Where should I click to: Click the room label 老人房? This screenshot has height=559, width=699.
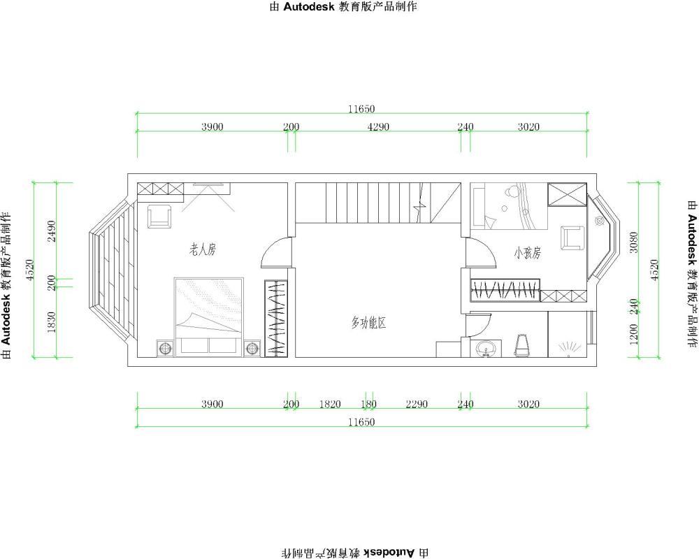click(x=203, y=249)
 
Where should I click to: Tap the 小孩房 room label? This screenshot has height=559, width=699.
click(x=527, y=253)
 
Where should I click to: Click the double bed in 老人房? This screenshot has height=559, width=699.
click(x=208, y=317)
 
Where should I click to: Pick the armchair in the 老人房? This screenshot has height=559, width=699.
click(x=159, y=216)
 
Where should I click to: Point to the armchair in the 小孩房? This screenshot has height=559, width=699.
click(x=572, y=238)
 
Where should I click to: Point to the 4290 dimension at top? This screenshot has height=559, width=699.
click(x=378, y=127)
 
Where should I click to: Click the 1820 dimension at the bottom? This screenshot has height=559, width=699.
click(x=330, y=405)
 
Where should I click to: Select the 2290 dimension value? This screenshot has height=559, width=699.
click(x=417, y=405)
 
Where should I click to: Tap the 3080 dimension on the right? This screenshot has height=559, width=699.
click(x=633, y=242)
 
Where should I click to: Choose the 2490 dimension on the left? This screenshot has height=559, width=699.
click(x=52, y=231)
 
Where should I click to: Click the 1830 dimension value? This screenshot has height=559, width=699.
click(x=52, y=322)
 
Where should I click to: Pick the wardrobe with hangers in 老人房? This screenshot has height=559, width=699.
click(x=276, y=318)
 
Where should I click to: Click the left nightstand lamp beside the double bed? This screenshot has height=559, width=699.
click(x=165, y=348)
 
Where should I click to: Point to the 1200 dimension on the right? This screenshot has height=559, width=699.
click(x=633, y=334)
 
